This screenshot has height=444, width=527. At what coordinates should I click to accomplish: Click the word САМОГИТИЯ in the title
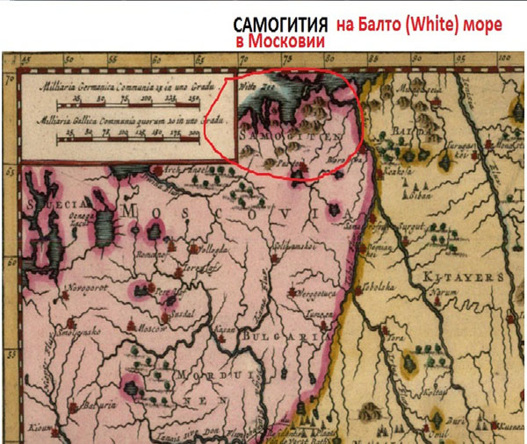[278, 25]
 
